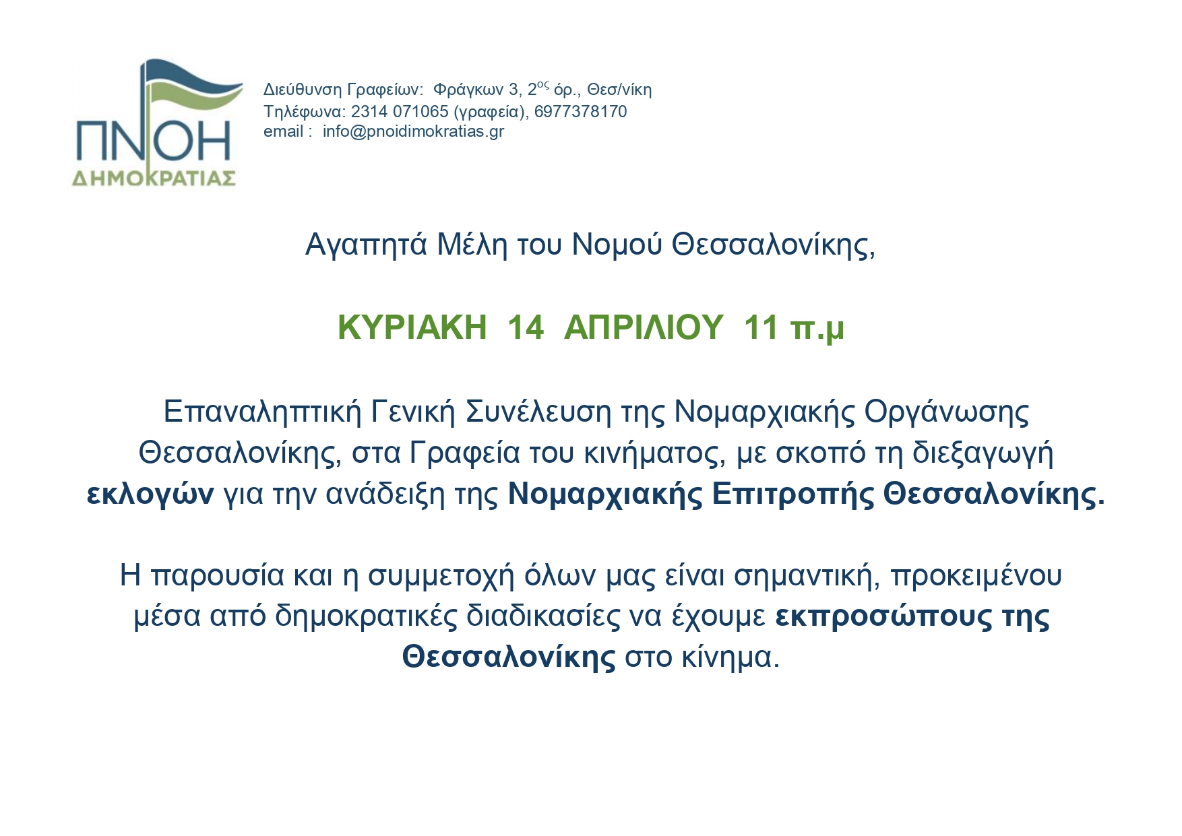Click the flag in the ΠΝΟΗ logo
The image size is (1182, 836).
192,88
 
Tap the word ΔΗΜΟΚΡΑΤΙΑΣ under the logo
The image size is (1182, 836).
154,178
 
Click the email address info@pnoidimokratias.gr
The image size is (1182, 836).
413,131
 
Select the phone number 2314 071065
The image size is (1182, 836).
400,111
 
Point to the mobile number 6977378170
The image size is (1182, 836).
580,111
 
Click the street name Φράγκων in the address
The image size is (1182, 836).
468,90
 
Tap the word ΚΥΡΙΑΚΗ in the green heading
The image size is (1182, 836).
412,327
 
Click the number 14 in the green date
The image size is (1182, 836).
525,327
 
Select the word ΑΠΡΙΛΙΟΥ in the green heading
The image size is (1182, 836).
644,327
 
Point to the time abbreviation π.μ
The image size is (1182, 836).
817,329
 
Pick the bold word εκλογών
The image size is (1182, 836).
150,494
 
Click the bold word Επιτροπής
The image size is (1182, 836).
792,494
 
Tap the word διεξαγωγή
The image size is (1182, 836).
983,453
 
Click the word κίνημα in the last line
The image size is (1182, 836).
730,657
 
